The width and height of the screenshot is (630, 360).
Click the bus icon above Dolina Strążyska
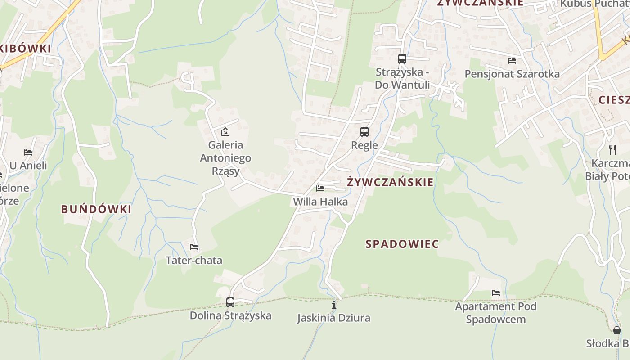(230, 302)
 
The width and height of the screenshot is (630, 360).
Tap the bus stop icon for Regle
(364, 132)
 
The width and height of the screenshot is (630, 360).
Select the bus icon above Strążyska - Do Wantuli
(402, 59)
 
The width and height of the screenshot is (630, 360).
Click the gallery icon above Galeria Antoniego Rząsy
(225, 132)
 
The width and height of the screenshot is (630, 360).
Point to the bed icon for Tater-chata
(194, 247)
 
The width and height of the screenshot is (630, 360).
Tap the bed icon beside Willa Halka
(320, 189)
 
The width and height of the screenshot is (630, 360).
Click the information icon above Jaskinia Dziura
(334, 305)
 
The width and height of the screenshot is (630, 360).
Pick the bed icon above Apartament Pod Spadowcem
(496, 293)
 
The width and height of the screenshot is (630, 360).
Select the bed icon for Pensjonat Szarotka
(512, 61)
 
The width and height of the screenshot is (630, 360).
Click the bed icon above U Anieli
(28, 153)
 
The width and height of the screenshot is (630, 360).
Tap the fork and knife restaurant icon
(612, 149)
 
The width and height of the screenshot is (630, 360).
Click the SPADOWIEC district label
(402, 244)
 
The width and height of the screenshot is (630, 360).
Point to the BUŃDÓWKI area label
(96, 209)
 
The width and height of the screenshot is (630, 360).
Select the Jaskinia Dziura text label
(333, 318)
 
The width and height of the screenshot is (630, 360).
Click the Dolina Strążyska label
(230, 315)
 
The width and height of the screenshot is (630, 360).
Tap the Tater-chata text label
(194, 261)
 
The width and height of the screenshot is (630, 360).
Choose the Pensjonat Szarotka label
(512, 74)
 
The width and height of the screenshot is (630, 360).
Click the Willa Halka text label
(320, 202)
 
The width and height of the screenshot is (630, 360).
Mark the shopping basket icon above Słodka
(617, 330)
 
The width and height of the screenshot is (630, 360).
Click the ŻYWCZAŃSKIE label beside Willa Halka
(390, 182)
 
